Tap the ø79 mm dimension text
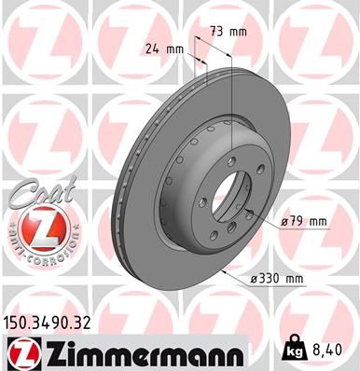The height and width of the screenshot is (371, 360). click(306, 222)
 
